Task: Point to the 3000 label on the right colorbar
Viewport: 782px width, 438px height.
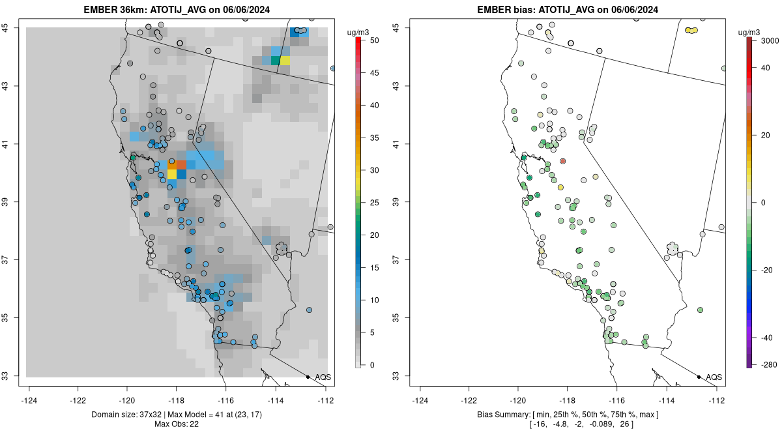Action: coord(769,40)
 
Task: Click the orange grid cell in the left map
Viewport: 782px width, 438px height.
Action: coord(181,164)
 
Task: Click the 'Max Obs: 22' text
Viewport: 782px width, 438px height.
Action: coord(177,424)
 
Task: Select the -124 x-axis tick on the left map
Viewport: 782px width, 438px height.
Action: coord(29,400)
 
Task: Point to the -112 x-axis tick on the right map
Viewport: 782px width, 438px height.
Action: coord(717,400)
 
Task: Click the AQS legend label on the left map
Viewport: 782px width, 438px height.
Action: coord(323,377)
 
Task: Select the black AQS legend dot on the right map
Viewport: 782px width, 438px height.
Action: coord(699,377)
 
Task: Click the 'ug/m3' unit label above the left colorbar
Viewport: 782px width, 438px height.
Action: coord(358,32)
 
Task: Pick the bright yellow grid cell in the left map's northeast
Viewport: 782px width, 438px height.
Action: coord(285,61)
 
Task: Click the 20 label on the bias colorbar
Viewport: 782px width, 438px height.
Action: coord(766,134)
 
